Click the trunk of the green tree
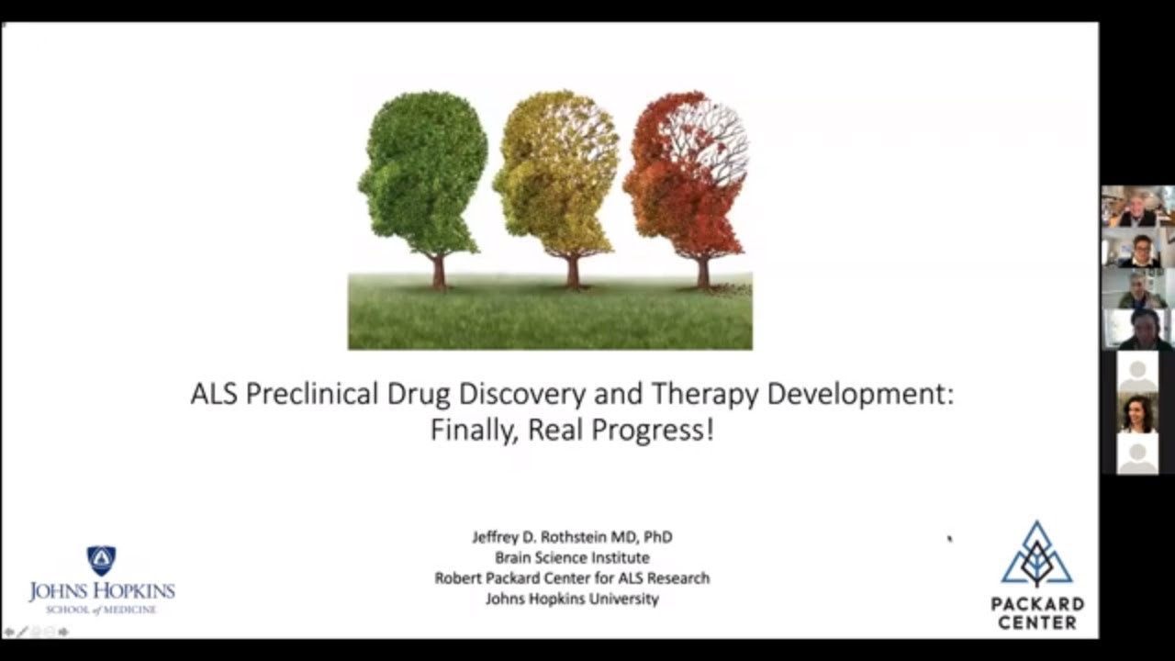pyautogui.click(x=439, y=272)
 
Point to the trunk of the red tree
pyautogui.click(x=703, y=273)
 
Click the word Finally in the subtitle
pyautogui.click(x=469, y=431)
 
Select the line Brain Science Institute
pyautogui.click(x=572, y=557)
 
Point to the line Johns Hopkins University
pyautogui.click(x=572, y=599)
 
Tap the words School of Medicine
pyautogui.click(x=101, y=610)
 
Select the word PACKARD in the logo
pyautogui.click(x=1036, y=604)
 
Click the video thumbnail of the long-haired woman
pyautogui.click(x=1137, y=414)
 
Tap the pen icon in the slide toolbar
pyautogui.click(x=22, y=632)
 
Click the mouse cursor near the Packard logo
pyautogui.click(x=949, y=538)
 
